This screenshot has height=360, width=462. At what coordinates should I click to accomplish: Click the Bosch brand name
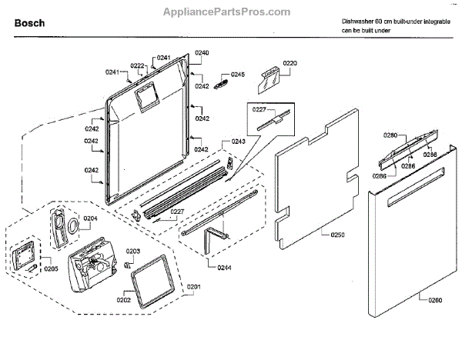(x=29, y=23)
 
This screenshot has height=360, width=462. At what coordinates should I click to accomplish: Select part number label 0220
(x=290, y=62)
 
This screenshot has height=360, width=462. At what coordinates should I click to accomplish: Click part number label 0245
(x=237, y=75)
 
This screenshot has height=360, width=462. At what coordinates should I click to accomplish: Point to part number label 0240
(x=202, y=52)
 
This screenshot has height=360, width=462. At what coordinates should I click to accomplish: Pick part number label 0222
(x=137, y=65)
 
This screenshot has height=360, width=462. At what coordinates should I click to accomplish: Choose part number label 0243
(x=239, y=142)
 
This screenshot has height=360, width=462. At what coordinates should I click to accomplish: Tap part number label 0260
(x=434, y=298)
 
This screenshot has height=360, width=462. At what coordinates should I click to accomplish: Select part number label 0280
(x=391, y=135)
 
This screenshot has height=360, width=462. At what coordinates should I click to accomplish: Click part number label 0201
(x=193, y=287)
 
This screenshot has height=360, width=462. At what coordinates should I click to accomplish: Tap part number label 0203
(x=132, y=251)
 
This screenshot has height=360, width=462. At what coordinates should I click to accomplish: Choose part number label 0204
(x=90, y=218)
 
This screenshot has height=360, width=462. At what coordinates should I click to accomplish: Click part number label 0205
(x=51, y=268)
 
